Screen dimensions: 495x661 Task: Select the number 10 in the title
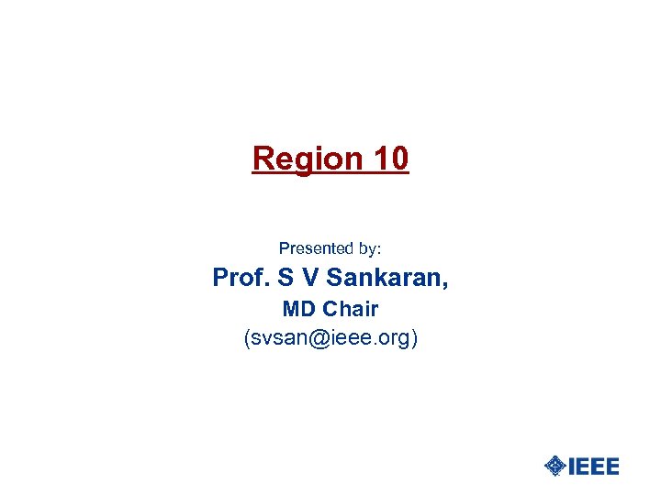coord(391,159)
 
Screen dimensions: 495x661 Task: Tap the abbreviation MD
coord(298,309)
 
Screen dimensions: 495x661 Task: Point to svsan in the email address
coord(279,338)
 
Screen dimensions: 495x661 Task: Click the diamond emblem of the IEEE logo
coord(555,466)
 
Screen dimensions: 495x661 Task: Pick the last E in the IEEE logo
coord(611,466)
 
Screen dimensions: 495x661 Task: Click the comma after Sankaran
coord(445,284)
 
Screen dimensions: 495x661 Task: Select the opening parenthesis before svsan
coord(247,338)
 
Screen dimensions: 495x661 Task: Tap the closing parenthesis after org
coord(415,338)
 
